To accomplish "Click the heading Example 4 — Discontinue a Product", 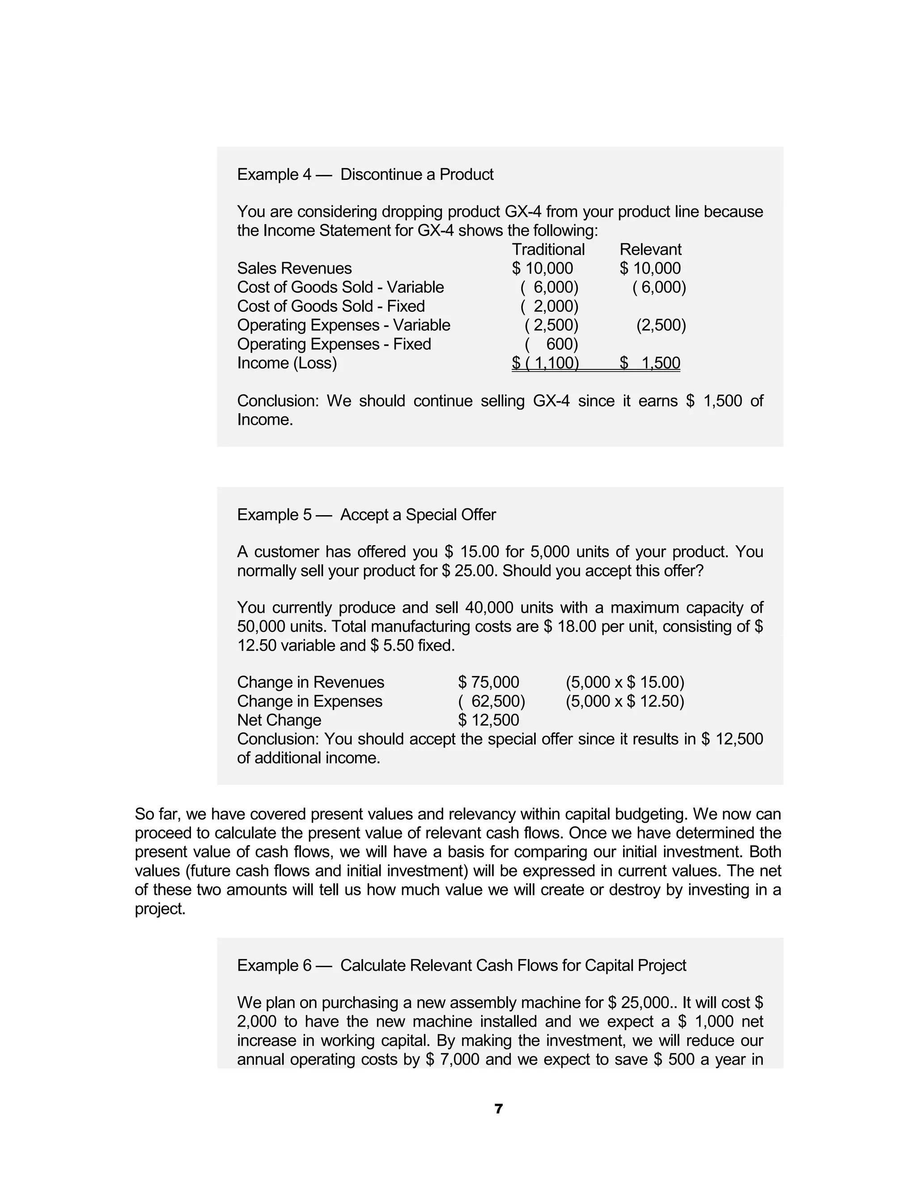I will [365, 174].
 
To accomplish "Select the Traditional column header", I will [548, 249].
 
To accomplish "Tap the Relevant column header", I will [650, 249].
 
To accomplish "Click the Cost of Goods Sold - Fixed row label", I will [331, 306].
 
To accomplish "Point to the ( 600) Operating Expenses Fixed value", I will [551, 344].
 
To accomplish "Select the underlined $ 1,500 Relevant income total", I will [650, 363].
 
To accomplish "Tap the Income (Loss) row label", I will [287, 363].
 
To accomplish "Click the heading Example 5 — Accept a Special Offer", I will [366, 514].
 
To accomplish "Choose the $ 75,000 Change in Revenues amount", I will [488, 682].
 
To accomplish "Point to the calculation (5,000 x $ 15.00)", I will [624, 682].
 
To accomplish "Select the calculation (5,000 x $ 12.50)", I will [624, 701].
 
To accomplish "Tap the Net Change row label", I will [279, 720].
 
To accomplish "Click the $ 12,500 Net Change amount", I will [488, 720].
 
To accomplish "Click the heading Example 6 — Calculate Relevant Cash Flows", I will [461, 965].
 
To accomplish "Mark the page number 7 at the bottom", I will [499, 1109].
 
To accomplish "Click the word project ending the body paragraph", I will [160, 909].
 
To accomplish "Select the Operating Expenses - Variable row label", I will [343, 325].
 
